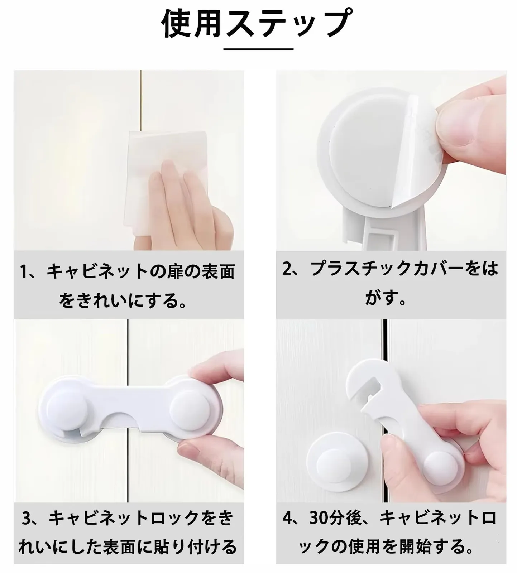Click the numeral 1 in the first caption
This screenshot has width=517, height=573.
pyautogui.click(x=24, y=272)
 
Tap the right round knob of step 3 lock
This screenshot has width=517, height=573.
pyautogui.click(x=187, y=406)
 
